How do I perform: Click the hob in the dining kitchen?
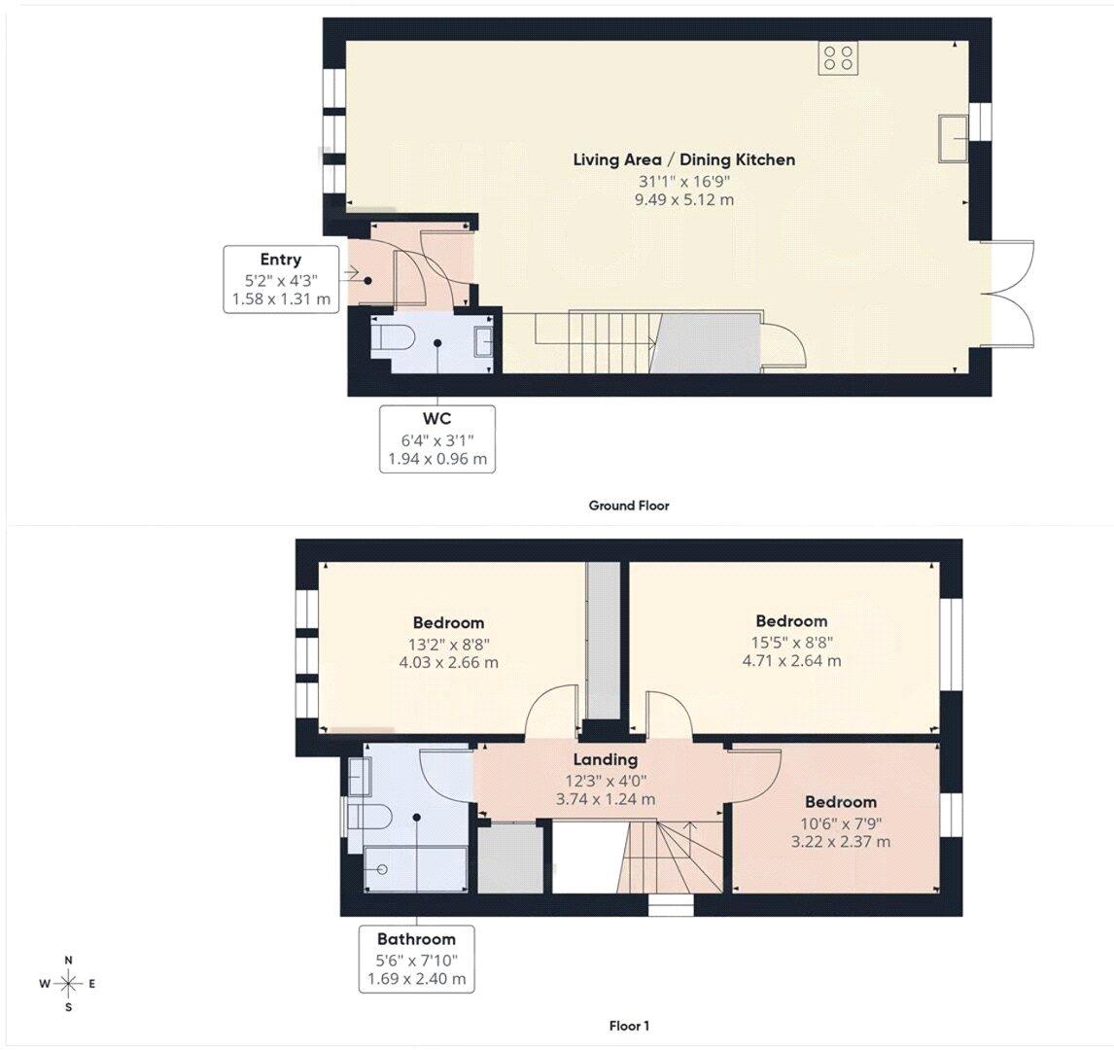(838, 58)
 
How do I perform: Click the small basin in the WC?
(483, 341)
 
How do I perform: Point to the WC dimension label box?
(436, 439)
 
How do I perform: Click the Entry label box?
(281, 278)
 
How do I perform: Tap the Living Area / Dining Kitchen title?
(684, 159)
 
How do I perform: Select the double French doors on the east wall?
(1007, 293)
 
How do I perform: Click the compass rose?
(68, 984)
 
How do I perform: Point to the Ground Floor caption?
(629, 506)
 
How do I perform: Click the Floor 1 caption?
(629, 1026)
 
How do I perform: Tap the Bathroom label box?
(417, 959)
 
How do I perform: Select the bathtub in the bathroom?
(416, 869)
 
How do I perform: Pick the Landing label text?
(606, 759)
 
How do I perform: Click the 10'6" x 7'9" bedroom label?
(841, 822)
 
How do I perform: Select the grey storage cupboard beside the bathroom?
(510, 857)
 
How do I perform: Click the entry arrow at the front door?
(350, 272)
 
